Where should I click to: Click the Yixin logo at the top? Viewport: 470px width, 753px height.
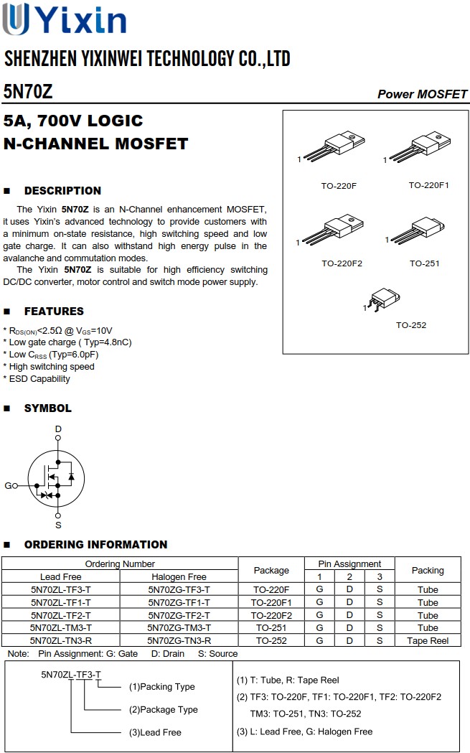coord(65,19)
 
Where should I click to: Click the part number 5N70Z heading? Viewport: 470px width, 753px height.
coord(28,92)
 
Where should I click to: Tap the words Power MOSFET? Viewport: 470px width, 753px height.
coord(422,94)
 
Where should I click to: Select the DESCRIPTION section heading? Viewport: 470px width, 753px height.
coord(62,191)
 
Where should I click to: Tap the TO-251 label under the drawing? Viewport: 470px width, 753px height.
coord(424,263)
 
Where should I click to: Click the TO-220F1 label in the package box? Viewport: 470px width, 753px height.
coord(428,185)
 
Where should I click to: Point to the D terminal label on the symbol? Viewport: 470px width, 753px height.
coord(58,429)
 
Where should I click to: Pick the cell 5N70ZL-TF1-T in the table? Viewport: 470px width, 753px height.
coord(61,602)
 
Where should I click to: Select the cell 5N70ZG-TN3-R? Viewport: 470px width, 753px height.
coord(179,640)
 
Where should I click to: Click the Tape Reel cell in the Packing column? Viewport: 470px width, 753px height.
coord(428,640)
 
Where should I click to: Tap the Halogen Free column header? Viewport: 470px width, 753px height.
coord(179,576)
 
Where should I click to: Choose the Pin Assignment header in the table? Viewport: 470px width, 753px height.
coord(349,563)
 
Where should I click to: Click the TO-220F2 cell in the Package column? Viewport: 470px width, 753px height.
coord(271,615)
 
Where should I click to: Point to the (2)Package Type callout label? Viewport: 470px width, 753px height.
coord(163,709)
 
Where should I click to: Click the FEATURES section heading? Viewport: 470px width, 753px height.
coord(54,312)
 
